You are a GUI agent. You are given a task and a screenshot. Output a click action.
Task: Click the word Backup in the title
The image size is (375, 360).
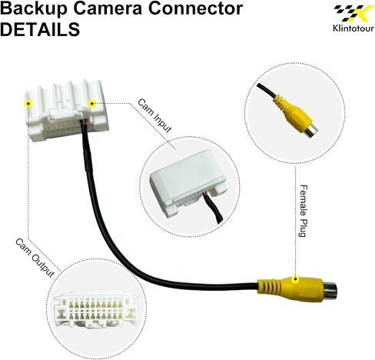[35, 8]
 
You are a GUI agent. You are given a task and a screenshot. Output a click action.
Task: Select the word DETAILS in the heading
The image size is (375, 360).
[40, 29]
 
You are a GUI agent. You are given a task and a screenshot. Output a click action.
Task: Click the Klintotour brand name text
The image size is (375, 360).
[353, 28]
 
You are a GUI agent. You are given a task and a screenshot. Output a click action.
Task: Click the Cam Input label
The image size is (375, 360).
[154, 116]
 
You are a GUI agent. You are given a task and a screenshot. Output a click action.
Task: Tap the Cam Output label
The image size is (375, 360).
[35, 258]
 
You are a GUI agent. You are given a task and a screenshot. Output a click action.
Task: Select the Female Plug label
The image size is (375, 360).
[304, 211]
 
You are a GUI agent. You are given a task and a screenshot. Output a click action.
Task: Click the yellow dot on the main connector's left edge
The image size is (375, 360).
[28, 104]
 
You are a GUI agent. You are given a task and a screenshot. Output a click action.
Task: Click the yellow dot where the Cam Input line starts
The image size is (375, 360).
[91, 104]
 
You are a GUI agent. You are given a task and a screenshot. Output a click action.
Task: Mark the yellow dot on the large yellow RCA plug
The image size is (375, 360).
[295, 279]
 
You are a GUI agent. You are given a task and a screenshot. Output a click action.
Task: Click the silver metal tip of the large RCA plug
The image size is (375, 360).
[330, 290]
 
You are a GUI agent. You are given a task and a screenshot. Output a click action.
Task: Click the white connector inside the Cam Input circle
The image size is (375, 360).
[189, 183]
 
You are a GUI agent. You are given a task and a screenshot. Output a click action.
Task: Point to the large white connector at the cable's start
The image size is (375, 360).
[68, 112]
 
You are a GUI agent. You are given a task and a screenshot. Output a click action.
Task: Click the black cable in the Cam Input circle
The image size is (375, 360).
[214, 209]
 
